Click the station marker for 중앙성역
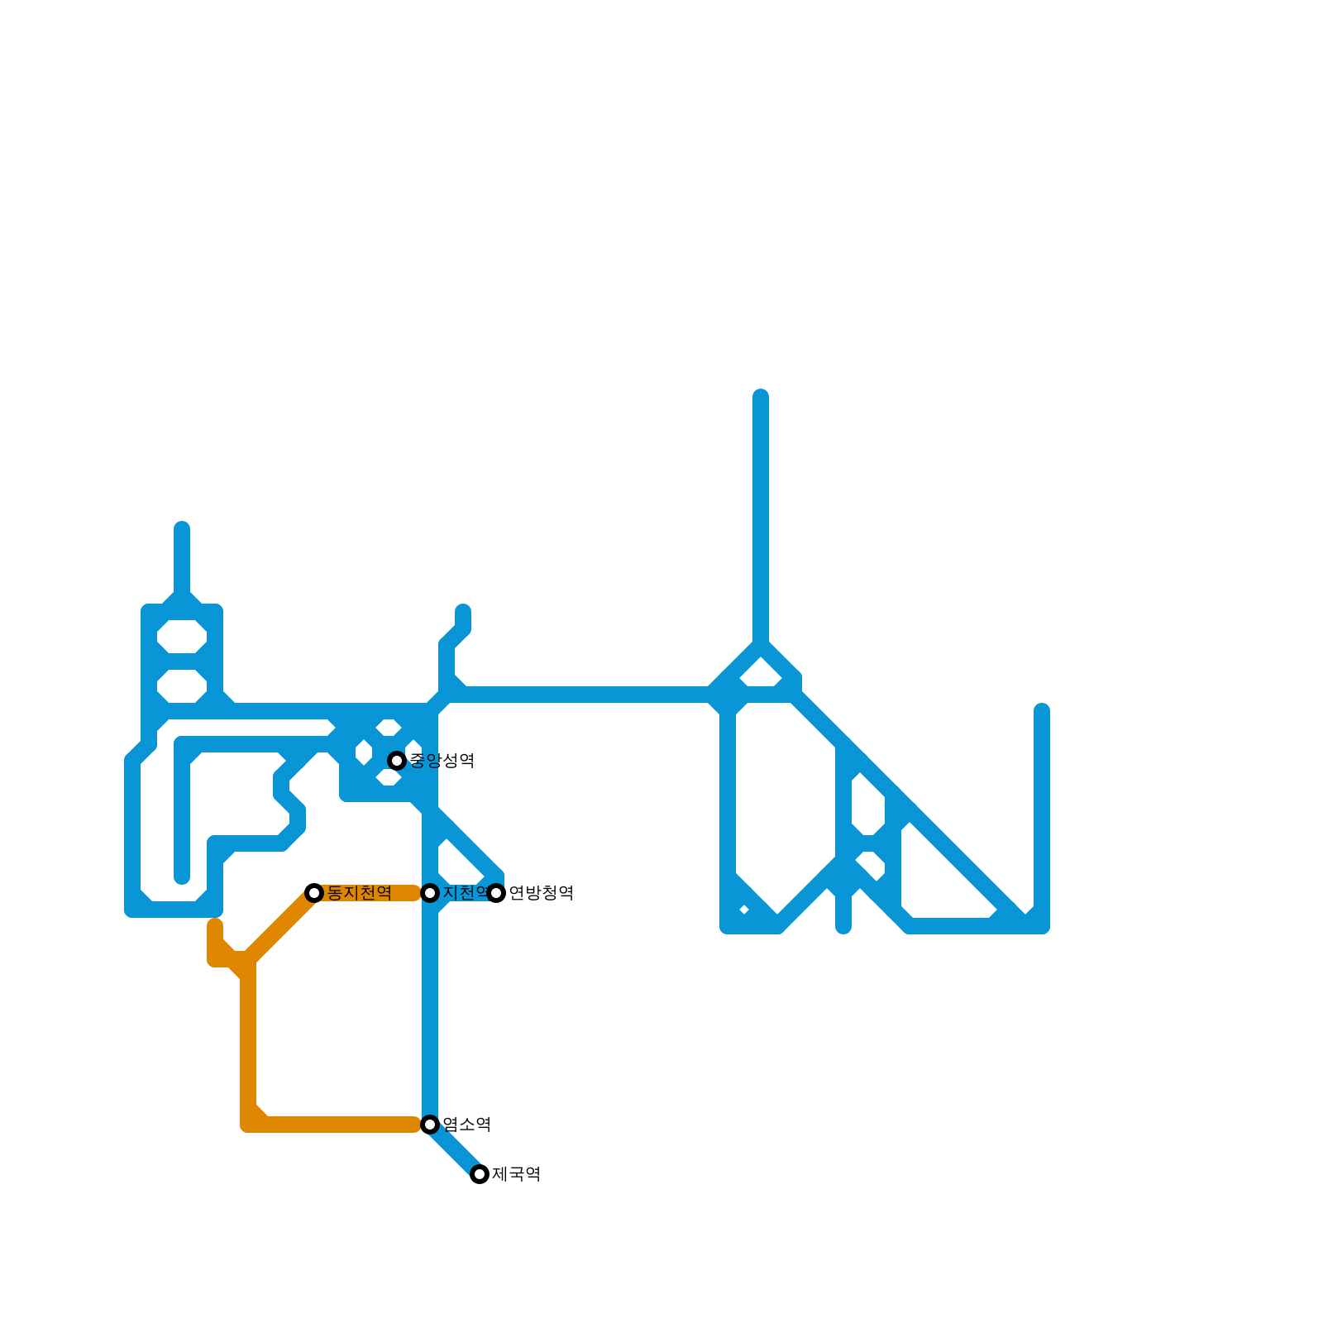[397, 761]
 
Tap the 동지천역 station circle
[314, 893]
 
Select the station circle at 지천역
[430, 893]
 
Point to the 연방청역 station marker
[496, 893]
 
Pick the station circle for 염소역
[430, 1125]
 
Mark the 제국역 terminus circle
[480, 1174]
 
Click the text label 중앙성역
[442, 761]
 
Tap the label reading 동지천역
[360, 893]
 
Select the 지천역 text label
[465, 893]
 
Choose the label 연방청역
[542, 893]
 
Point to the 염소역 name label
[467, 1125]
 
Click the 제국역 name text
[517, 1174]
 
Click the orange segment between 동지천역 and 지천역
[372, 893]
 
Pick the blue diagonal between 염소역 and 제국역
[455, 1149]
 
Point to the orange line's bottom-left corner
[248, 1123]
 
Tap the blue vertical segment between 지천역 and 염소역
[430, 1009]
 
